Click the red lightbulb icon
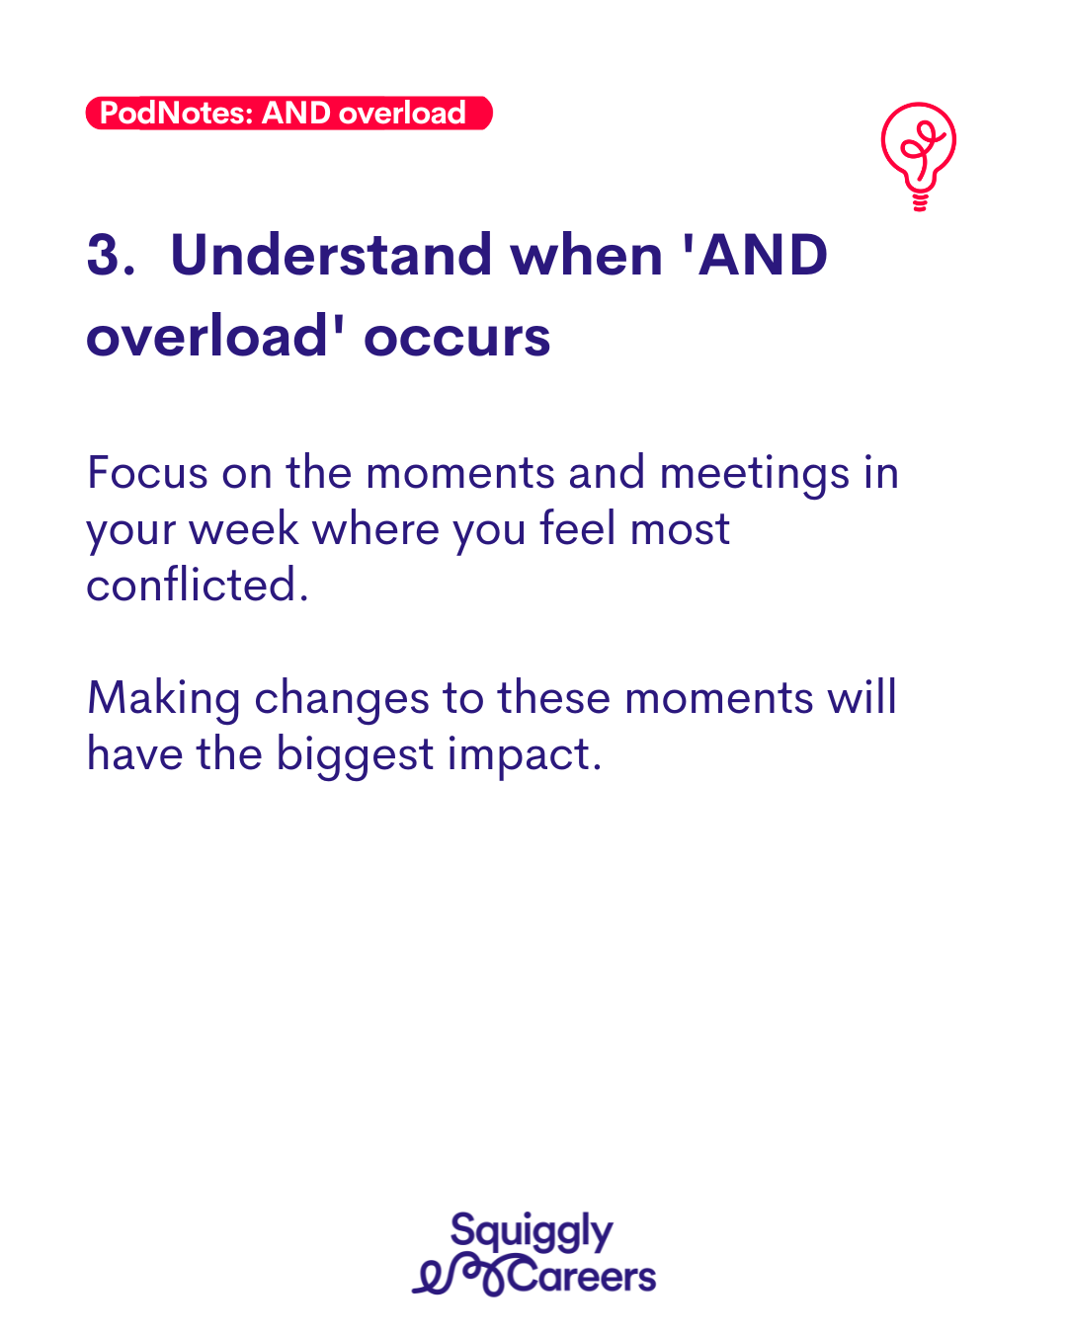918,156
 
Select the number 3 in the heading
104,255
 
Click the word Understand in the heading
331,255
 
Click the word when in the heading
587,255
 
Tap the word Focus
147,473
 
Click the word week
244,529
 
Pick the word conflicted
197,586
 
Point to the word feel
578,529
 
